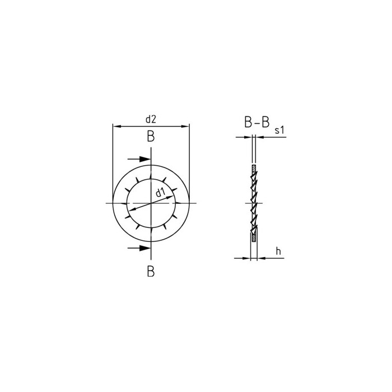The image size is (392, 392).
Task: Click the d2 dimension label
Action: [x=151, y=119]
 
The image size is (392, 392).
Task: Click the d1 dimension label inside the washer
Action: [x=160, y=194]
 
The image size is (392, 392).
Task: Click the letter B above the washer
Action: [x=151, y=136]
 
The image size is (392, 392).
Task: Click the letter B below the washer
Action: [x=151, y=272]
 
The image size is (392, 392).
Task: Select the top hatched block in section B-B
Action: [x=254, y=168]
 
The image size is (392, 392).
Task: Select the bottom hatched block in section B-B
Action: [x=254, y=237]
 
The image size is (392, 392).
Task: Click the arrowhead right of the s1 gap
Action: [x=259, y=137]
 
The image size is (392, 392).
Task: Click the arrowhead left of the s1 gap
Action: [x=249, y=137]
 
